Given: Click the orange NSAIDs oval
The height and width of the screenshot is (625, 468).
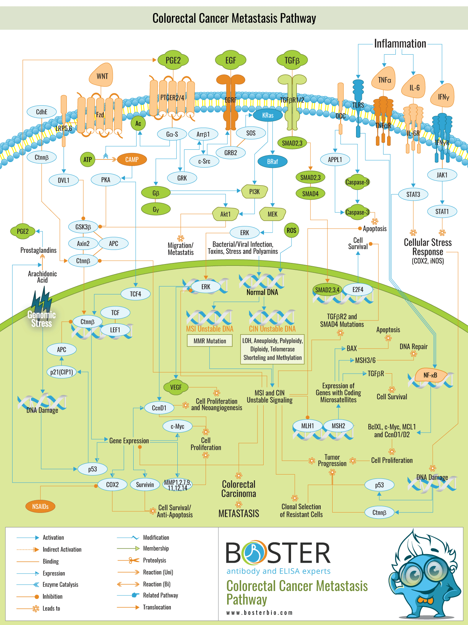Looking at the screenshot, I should pyautogui.click(x=40, y=506).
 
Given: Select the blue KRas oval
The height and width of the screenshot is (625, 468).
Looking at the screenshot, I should pyautogui.click(x=268, y=115).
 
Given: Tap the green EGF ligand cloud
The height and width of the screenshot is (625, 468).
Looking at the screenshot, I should pyautogui.click(x=230, y=60).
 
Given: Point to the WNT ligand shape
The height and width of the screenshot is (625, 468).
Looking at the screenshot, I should pyautogui.click(x=102, y=76).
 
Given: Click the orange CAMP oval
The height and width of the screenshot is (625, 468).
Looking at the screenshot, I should pyautogui.click(x=132, y=160).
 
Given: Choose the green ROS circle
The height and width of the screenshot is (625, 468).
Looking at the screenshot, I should pyautogui.click(x=291, y=230).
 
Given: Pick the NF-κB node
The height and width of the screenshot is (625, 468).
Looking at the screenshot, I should pyautogui.click(x=430, y=375).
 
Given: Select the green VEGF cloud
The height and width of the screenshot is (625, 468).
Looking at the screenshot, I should pyautogui.click(x=176, y=387).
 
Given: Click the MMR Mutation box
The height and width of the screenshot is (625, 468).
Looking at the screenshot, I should pyautogui.click(x=210, y=341).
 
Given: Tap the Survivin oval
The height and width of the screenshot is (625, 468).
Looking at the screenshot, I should pyautogui.click(x=145, y=485).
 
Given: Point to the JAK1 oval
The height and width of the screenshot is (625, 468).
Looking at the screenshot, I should pyautogui.click(x=442, y=175).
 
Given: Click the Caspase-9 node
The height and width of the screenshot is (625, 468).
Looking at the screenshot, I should pyautogui.click(x=357, y=182).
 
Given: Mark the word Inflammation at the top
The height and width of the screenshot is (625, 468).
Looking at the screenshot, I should pyautogui.click(x=400, y=44).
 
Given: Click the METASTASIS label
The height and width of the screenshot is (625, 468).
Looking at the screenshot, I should pyautogui.click(x=239, y=514).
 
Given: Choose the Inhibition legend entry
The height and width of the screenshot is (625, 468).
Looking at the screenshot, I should pyautogui.click(x=52, y=596).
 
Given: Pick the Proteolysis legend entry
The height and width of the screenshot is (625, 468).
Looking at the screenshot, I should pyautogui.click(x=155, y=560).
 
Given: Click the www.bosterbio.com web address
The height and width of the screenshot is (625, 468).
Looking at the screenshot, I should pyautogui.click(x=259, y=613).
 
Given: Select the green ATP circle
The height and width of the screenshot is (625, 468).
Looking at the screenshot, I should pyautogui.click(x=87, y=160).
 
